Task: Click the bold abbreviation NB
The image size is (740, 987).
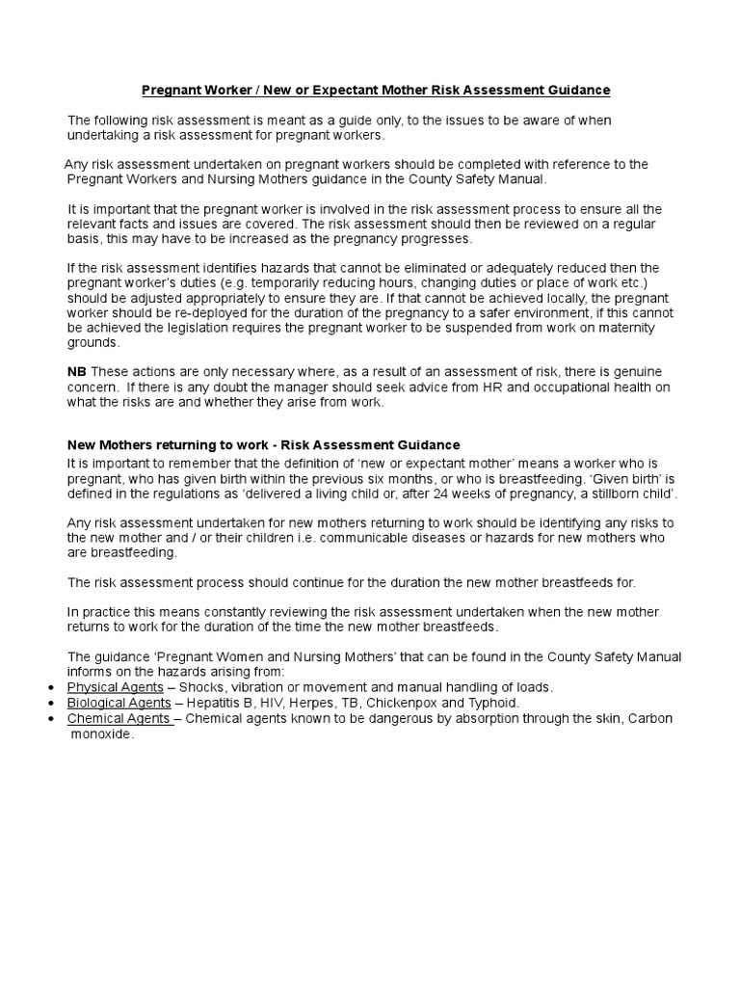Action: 76,372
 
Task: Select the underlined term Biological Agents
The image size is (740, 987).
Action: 119,703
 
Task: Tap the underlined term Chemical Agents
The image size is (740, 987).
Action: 119,718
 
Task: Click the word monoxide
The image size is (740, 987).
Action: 103,734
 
